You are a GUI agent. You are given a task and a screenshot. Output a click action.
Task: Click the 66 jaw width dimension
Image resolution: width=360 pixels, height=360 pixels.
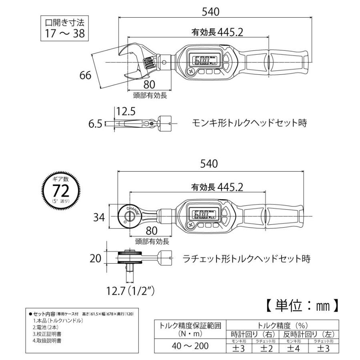[86, 75]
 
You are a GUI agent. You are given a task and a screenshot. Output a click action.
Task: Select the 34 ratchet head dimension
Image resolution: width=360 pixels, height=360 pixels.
[99, 217]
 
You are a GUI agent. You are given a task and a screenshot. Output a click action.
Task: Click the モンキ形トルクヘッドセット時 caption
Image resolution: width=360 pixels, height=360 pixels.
[249, 123]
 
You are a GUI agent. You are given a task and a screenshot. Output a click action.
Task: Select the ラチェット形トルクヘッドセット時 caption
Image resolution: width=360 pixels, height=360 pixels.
[246, 258]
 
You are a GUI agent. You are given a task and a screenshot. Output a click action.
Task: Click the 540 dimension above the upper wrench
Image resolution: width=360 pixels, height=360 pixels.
[211, 12]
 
